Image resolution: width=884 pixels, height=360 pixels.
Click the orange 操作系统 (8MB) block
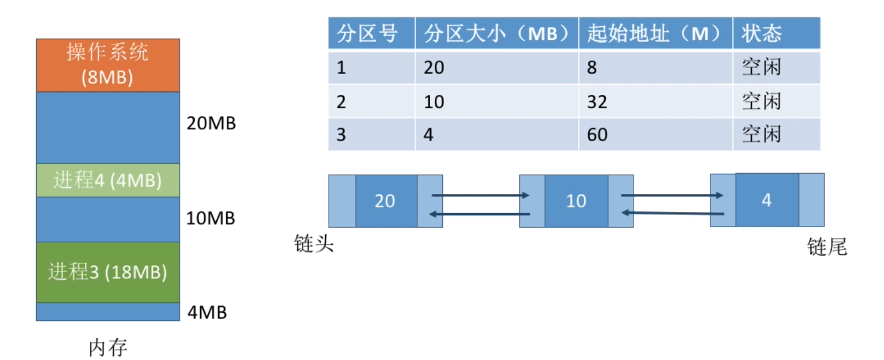pyautogui.click(x=108, y=65)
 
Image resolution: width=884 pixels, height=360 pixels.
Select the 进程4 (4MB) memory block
pyautogui.click(x=108, y=180)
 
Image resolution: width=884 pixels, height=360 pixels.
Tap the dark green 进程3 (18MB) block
pyautogui.click(x=108, y=272)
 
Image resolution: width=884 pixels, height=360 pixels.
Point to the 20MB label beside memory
pyautogui.click(x=211, y=123)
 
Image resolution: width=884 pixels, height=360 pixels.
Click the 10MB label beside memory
pyautogui.click(x=210, y=218)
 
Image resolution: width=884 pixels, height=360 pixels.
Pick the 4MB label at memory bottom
pyautogui.click(x=207, y=312)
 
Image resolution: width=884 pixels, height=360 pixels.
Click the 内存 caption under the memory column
pyautogui.click(x=108, y=348)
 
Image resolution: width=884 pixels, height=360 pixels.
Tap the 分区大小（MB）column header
pyautogui.click(x=496, y=34)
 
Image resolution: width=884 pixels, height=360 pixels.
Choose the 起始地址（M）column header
pyautogui.click(x=655, y=34)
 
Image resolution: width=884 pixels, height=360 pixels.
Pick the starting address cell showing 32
pyautogui.click(x=597, y=102)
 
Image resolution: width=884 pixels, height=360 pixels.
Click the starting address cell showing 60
pyautogui.click(x=597, y=135)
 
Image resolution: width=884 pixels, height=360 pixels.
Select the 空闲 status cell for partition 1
pyautogui.click(x=761, y=68)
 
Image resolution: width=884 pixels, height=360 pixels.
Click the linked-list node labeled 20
pyautogui.click(x=385, y=201)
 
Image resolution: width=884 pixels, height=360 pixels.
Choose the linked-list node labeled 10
pyautogui.click(x=576, y=201)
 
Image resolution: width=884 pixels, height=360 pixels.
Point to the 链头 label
pyautogui.click(x=314, y=244)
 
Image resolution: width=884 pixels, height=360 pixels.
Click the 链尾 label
pyautogui.click(x=827, y=248)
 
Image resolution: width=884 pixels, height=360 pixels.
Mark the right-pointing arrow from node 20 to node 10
pyautogui.click(x=480, y=196)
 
